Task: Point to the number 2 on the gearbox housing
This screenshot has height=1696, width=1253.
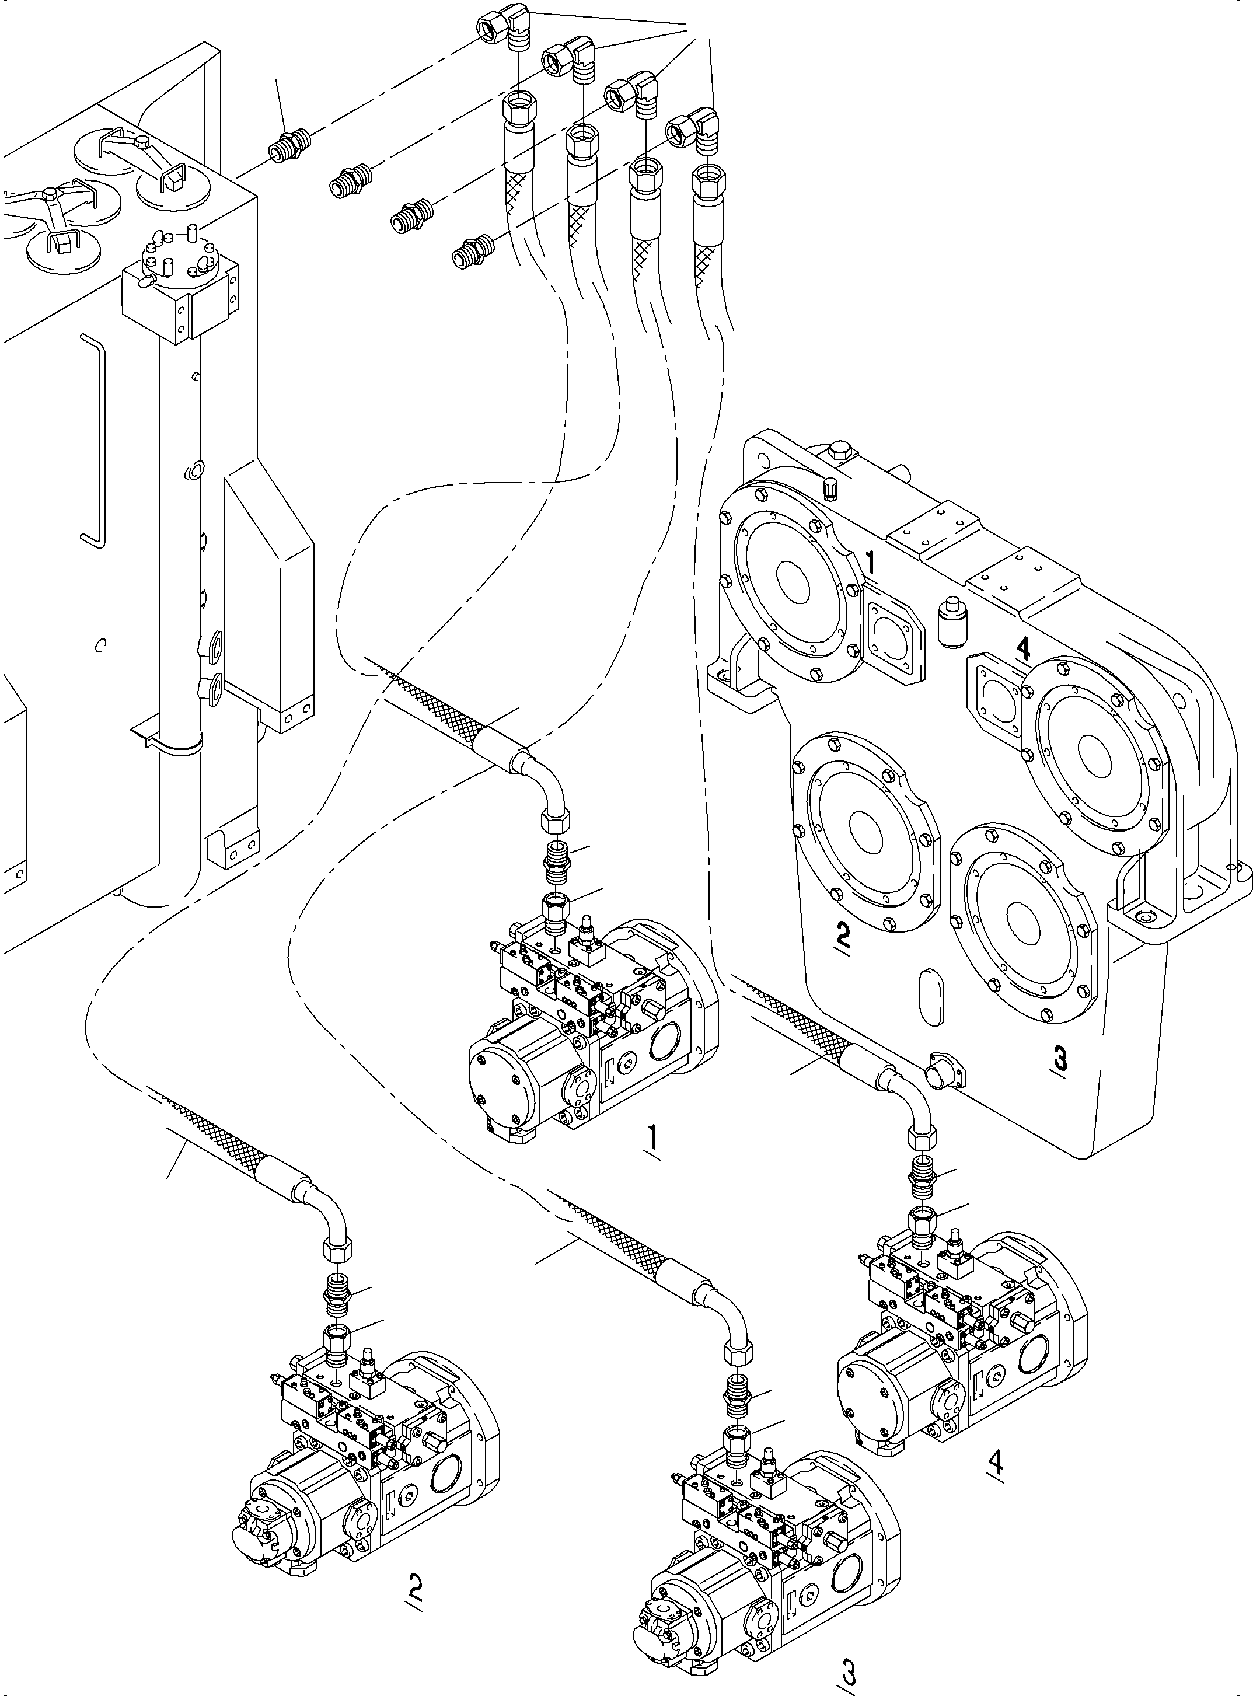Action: (x=842, y=934)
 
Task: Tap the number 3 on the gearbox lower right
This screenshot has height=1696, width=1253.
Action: (x=1060, y=1056)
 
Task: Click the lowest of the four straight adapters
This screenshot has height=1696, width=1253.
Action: (x=471, y=250)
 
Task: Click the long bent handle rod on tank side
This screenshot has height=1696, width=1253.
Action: (x=94, y=440)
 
